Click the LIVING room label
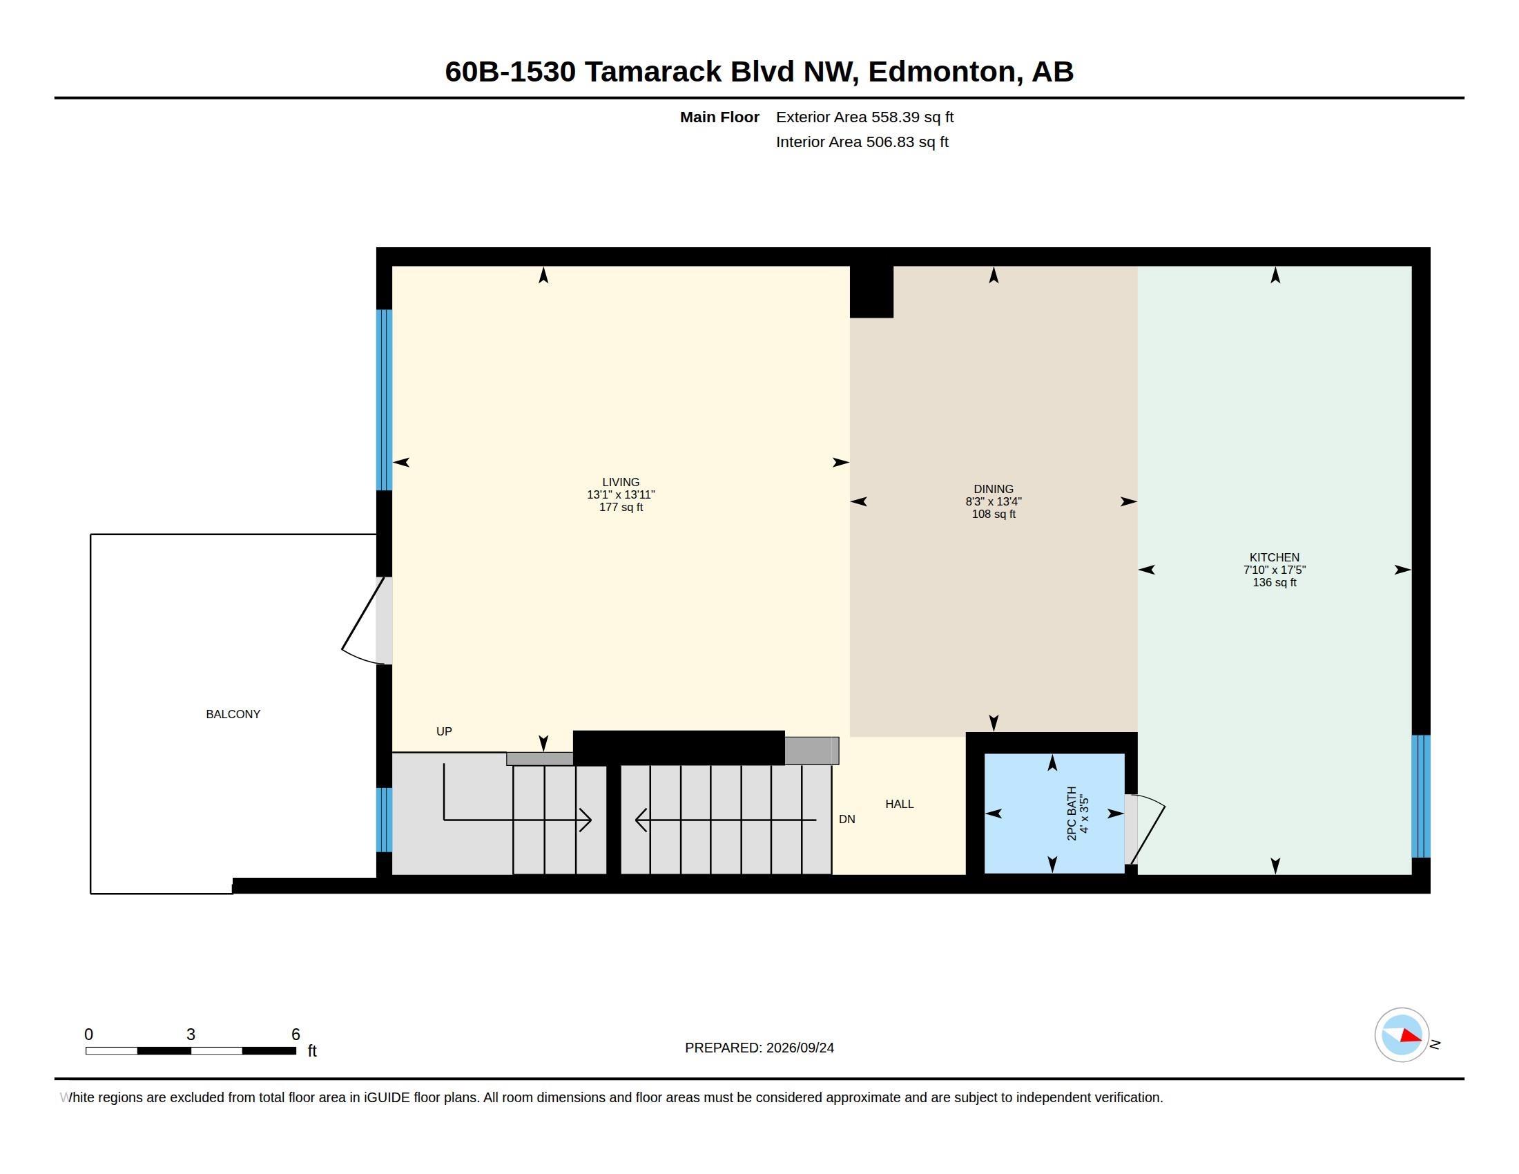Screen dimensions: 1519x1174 [621, 482]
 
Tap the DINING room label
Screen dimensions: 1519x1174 [993, 489]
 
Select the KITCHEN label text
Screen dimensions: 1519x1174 [1274, 557]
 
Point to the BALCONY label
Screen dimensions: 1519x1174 [233, 714]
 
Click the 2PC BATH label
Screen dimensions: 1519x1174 [1072, 813]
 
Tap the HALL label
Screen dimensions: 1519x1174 [899, 804]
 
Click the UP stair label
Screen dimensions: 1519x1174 [444, 731]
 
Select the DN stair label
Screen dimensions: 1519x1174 [846, 819]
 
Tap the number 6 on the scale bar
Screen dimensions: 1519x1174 [296, 1035]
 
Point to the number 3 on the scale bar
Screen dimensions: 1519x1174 [191, 1035]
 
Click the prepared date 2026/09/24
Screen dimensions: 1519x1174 [800, 1048]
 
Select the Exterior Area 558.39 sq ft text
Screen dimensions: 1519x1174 [864, 117]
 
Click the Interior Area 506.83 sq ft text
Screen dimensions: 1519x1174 [862, 142]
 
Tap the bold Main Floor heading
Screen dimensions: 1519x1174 [719, 117]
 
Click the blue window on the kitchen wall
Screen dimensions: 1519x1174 [1421, 796]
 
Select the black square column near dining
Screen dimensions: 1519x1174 [871, 292]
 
